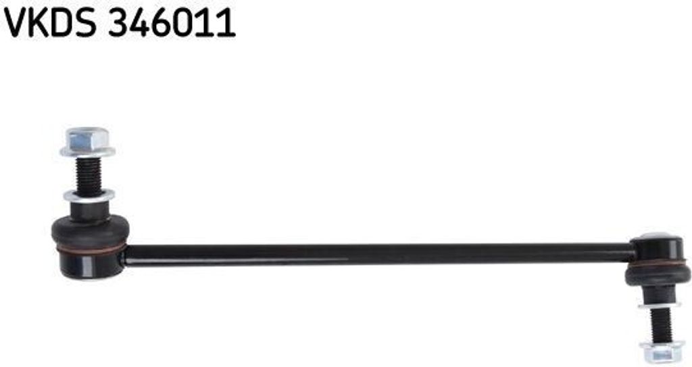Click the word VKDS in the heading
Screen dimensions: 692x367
[x=50, y=22]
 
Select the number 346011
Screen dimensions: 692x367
[x=172, y=22]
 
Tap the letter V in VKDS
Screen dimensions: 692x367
[x=16, y=22]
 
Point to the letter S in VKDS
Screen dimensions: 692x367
[x=86, y=22]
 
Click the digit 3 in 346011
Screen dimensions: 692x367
[x=118, y=22]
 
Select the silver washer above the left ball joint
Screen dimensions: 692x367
[x=89, y=195]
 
